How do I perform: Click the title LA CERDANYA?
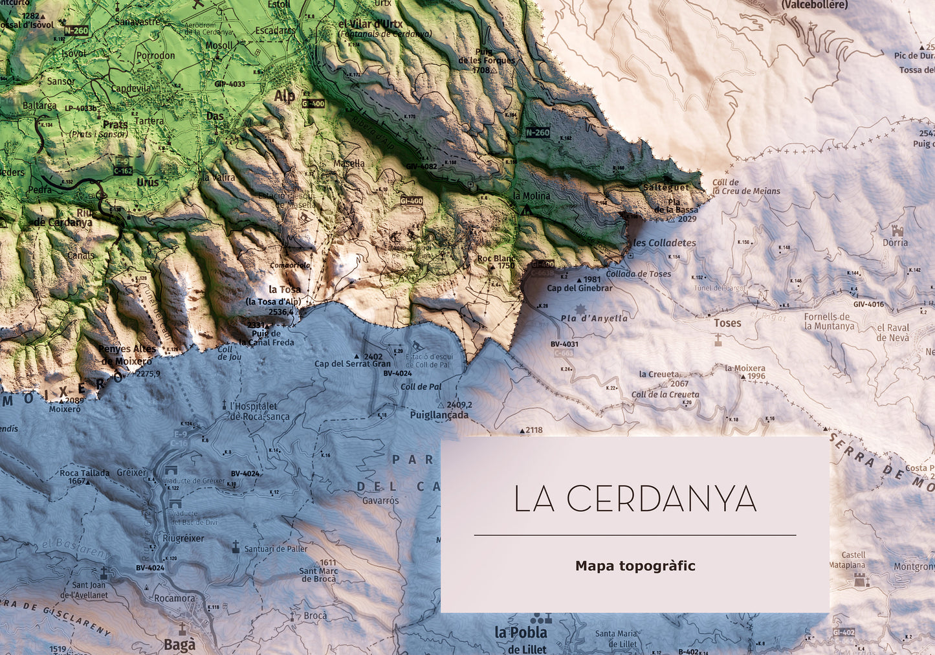[635, 499]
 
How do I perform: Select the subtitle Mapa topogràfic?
[635, 566]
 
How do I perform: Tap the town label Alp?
[284, 96]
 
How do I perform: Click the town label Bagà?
[179, 645]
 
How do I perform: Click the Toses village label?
[727, 323]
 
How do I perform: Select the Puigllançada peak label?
[439, 415]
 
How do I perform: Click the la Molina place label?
[531, 195]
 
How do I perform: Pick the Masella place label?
[349, 163]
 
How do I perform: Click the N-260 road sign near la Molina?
[537, 133]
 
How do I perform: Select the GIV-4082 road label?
[421, 166]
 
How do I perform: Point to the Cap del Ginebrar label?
[579, 288]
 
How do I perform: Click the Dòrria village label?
[895, 243]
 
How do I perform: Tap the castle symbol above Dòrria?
[897, 230]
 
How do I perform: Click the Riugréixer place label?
[183, 538]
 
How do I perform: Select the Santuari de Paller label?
[276, 549]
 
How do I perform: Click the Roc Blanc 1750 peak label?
[496, 261]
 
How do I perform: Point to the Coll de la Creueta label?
[665, 394]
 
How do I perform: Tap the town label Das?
[215, 117]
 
